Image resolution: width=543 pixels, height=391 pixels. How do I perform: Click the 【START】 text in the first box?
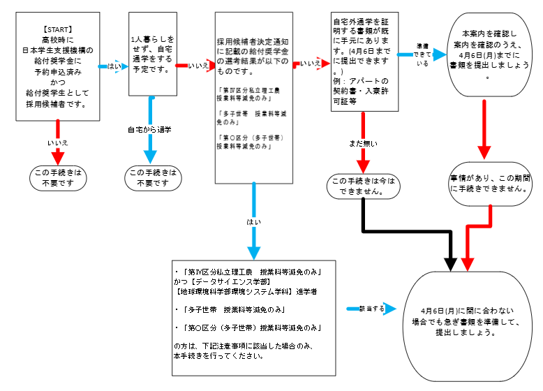pyautogui.click(x=57, y=29)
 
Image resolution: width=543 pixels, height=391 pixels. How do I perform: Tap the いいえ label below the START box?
pyautogui.click(x=57, y=142)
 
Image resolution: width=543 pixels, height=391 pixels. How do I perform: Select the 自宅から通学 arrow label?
pyautogui.click(x=149, y=130)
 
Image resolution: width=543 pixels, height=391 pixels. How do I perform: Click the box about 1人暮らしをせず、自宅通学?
pyautogui.click(x=152, y=54)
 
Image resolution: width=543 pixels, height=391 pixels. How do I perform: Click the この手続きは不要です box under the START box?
pyautogui.click(x=58, y=178)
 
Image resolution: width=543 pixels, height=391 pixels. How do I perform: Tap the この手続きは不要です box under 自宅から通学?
pyautogui.click(x=153, y=178)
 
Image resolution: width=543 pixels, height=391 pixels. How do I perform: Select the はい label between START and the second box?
pyautogui.click(x=114, y=66)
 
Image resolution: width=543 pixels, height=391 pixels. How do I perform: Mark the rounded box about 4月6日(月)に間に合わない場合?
pyautogui.click(x=468, y=321)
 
